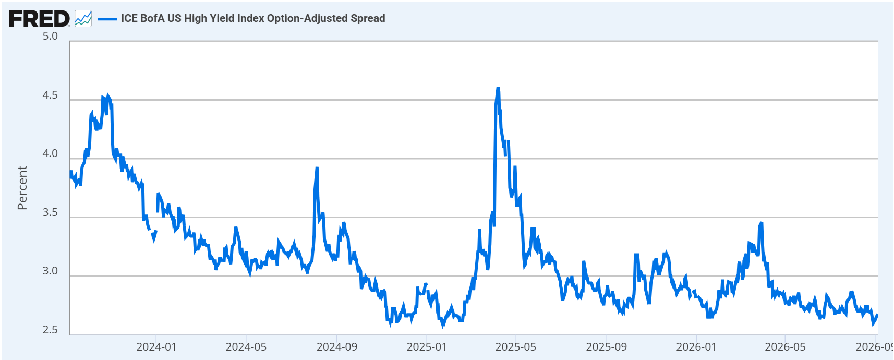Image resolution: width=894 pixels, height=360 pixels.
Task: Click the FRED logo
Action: pos(39,19)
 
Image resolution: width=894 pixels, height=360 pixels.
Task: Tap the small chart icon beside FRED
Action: pos(83,19)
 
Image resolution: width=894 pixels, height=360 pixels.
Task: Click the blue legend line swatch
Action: pos(107,19)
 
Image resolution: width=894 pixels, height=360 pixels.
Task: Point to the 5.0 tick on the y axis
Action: pos(50,37)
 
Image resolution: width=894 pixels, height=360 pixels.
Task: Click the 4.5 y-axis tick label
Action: pos(50,95)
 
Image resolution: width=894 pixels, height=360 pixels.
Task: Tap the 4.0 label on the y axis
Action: pos(50,154)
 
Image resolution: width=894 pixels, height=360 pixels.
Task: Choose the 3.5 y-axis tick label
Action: pos(50,212)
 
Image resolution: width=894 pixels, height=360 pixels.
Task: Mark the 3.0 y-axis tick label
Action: pos(50,271)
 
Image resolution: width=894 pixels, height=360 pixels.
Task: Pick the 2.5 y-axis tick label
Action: pos(50,330)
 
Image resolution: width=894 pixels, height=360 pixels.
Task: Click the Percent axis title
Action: pos(22,188)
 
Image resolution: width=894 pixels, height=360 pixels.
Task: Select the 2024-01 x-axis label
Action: pos(156,347)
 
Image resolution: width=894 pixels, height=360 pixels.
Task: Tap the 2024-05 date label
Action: pos(246,347)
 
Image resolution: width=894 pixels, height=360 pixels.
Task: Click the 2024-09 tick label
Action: pos(337,347)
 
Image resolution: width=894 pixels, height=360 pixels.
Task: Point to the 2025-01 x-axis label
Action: pos(427,347)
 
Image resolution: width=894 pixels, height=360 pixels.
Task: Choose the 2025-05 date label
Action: pos(516,347)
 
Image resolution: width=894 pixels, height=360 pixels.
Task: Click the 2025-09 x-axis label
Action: pos(606,347)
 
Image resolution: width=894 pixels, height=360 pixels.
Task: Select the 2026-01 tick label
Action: pos(696,347)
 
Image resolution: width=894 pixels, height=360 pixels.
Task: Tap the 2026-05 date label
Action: pos(785,347)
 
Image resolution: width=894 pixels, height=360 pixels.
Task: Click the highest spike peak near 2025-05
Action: pos(498,88)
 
